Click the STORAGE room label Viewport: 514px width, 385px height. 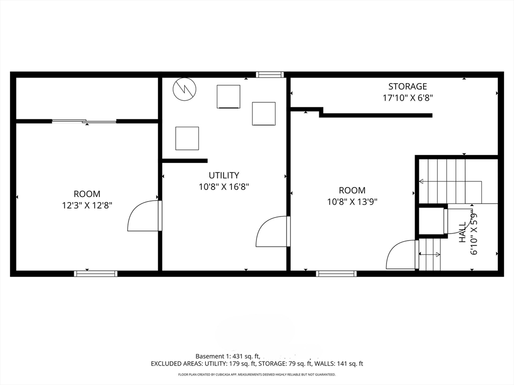[407, 87]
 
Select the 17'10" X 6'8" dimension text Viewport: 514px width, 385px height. [407, 98]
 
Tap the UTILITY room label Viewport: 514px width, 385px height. [224, 175]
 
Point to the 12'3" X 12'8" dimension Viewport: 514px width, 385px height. [87, 205]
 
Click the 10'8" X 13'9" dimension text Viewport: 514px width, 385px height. [352, 202]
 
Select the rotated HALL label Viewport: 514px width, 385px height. [463, 233]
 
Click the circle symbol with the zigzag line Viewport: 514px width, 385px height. [184, 89]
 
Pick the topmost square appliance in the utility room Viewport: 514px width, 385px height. [228, 96]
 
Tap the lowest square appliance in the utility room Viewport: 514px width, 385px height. [187, 138]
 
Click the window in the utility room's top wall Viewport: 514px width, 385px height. [270, 75]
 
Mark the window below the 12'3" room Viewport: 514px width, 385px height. [95, 274]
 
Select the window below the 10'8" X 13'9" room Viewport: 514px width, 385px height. [336, 274]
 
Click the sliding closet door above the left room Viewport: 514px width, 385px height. [84, 121]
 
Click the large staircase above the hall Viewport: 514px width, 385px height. [451, 181]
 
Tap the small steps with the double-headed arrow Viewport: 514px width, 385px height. [430, 254]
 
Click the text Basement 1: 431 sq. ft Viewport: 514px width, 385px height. [227, 356]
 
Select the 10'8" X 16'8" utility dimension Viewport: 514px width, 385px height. [224, 186]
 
